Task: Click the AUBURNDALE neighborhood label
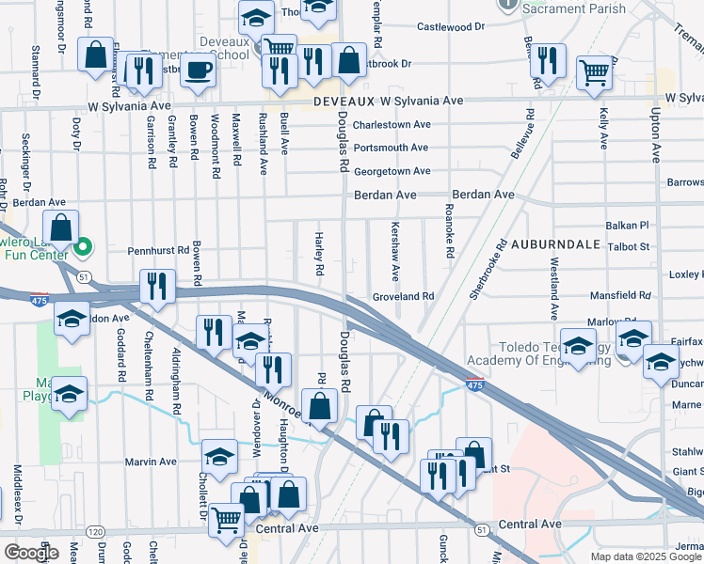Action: pyautogui.click(x=556, y=243)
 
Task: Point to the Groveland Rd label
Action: pyautogui.click(x=402, y=296)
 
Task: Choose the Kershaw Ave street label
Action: pyautogui.click(x=395, y=251)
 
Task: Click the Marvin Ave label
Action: pyautogui.click(x=152, y=462)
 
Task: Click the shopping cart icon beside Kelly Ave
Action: pyautogui.click(x=595, y=71)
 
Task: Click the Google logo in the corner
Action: pyautogui.click(x=30, y=552)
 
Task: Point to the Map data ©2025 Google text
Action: pyautogui.click(x=646, y=556)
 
